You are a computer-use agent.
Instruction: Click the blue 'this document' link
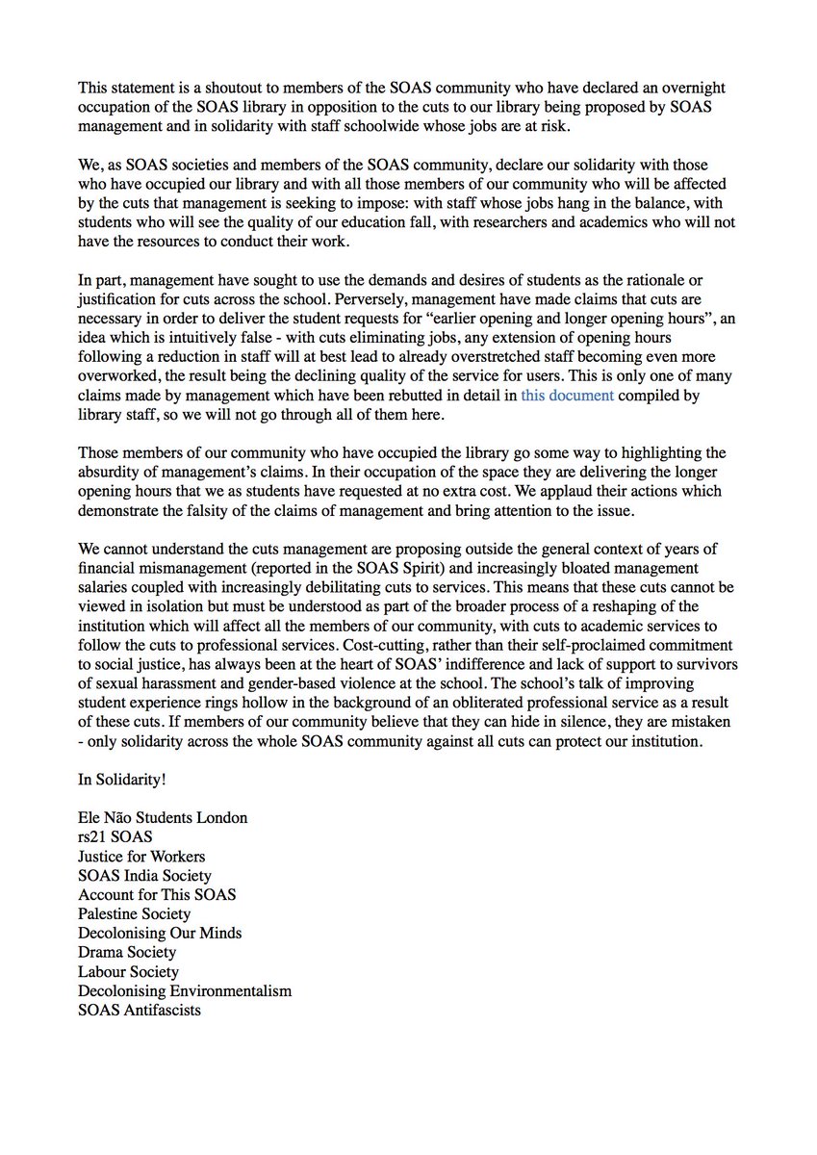pyautogui.click(x=567, y=395)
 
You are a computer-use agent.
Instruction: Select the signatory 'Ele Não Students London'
pyautogui.click(x=163, y=817)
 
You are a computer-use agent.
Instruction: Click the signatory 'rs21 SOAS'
pyautogui.click(x=115, y=836)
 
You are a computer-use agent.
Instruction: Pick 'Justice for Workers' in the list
pyautogui.click(x=141, y=856)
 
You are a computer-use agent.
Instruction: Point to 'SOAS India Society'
pyautogui.click(x=144, y=875)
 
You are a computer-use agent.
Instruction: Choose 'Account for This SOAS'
pyautogui.click(x=157, y=894)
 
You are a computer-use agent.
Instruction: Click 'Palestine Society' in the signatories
pyautogui.click(x=135, y=913)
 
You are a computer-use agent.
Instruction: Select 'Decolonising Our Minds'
pyautogui.click(x=160, y=933)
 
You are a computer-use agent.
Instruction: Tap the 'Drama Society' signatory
pyautogui.click(x=127, y=953)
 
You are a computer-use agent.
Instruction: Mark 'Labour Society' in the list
pyautogui.click(x=129, y=972)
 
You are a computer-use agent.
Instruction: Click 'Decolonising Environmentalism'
pyautogui.click(x=185, y=991)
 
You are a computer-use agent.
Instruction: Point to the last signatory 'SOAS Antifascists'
pyautogui.click(x=140, y=1011)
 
